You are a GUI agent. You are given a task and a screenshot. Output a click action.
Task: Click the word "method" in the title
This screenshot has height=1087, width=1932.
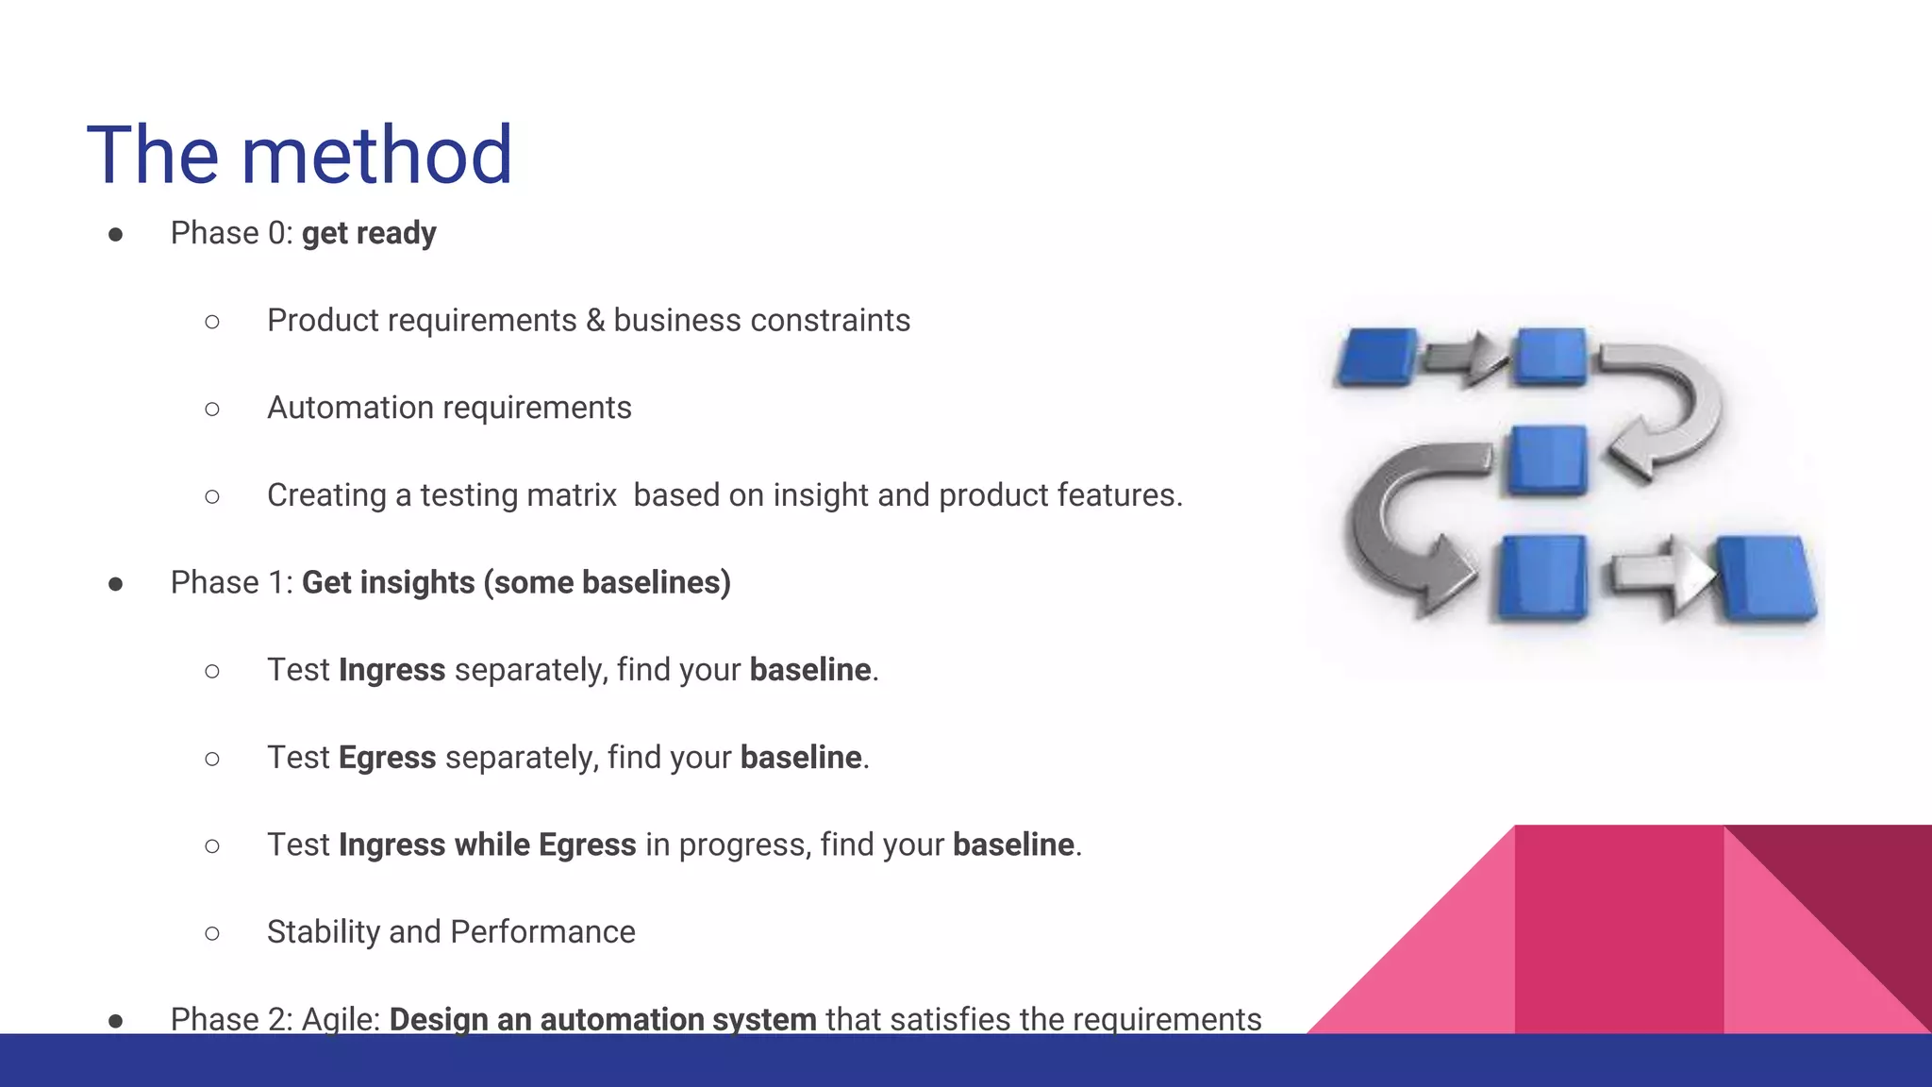(376, 155)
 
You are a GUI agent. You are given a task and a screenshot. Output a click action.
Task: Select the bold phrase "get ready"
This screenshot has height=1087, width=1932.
(369, 233)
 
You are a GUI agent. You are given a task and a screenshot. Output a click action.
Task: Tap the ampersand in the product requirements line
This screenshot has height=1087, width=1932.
(594, 321)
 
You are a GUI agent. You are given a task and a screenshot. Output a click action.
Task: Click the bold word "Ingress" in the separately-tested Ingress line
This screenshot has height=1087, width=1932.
(391, 670)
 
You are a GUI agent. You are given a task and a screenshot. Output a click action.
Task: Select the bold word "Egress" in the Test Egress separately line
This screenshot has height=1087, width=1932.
(387, 758)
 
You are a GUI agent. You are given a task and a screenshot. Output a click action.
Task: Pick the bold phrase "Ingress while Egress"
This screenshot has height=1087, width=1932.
(487, 845)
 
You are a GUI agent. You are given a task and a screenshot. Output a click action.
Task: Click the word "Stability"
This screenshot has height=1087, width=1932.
(323, 932)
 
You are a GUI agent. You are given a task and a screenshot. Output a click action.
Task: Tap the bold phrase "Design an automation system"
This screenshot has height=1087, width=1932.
(603, 1019)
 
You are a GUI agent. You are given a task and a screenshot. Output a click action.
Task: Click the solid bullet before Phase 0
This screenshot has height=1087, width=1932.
(116, 234)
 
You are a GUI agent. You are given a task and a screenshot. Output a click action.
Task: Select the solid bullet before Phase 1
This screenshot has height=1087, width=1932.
(116, 584)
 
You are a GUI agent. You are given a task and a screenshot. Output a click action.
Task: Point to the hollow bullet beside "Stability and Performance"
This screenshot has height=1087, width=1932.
(212, 933)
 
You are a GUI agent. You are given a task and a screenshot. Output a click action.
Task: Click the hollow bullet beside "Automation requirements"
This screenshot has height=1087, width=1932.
(212, 409)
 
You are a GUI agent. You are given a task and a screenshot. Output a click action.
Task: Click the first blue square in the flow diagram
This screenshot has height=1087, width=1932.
(1376, 357)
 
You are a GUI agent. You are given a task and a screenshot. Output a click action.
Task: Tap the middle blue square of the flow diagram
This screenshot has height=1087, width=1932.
(1547, 460)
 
